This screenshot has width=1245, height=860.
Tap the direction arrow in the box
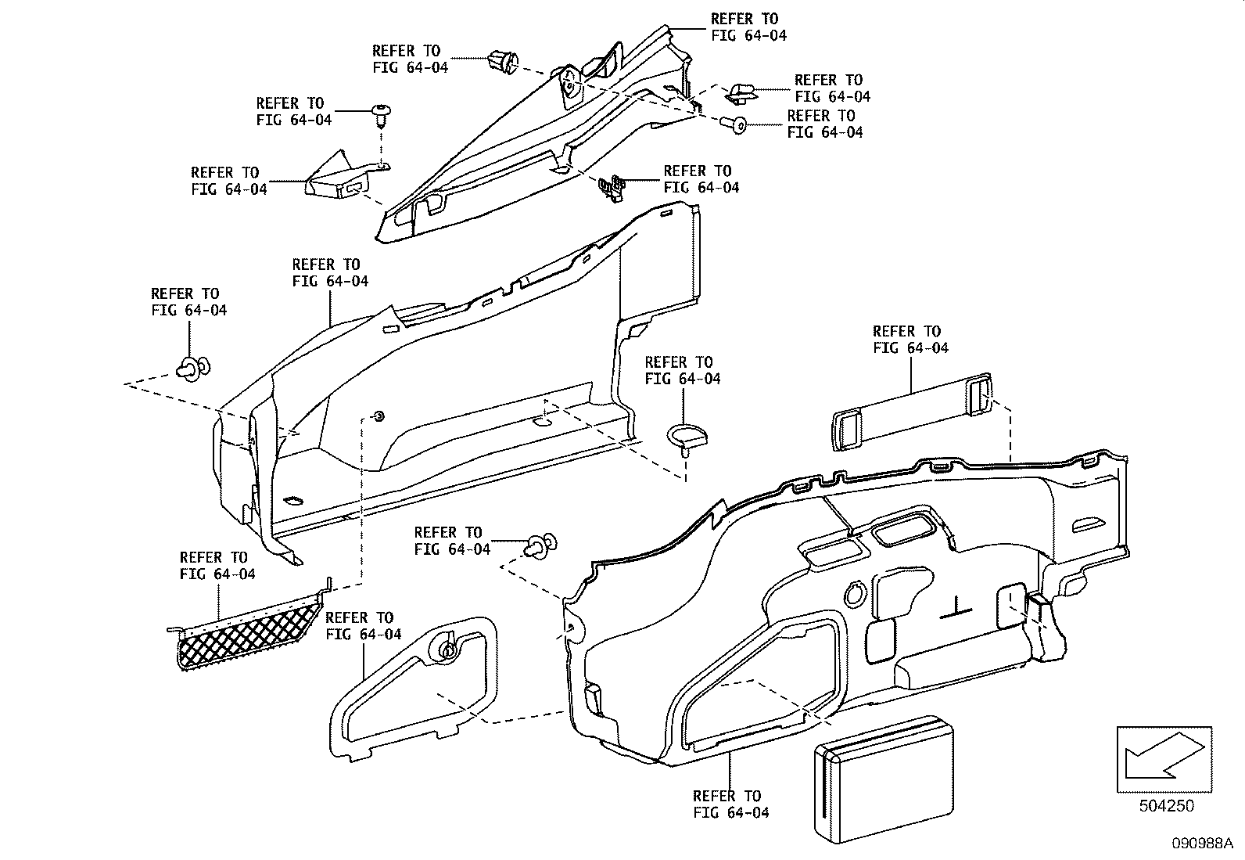[x=1163, y=756]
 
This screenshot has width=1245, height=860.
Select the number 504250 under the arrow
[x=1164, y=805]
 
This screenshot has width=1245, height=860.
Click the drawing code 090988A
[x=1201, y=843]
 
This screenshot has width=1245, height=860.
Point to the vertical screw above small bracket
[x=382, y=117]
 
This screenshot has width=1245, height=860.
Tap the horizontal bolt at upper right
[x=733, y=123]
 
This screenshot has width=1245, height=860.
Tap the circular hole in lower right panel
[x=857, y=595]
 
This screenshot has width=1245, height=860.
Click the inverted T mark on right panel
[x=956, y=606]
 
